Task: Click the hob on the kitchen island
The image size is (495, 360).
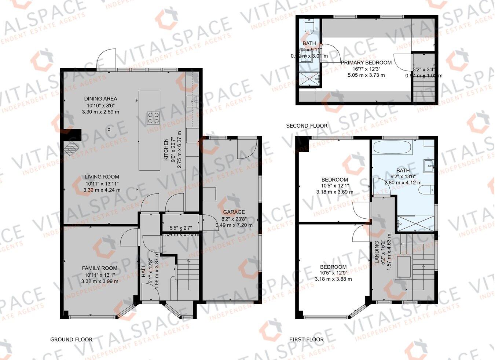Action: (153, 117)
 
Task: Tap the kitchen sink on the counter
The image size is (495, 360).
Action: (192, 100)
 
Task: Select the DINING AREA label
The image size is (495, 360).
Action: (100, 98)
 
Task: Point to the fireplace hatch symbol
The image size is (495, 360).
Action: (72, 148)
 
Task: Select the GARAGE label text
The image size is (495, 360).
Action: (234, 212)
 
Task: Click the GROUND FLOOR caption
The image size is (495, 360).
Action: (71, 339)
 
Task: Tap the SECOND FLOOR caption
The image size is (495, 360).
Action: (307, 126)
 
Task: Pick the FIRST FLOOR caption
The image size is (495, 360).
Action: (306, 339)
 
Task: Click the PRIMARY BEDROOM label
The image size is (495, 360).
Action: (366, 62)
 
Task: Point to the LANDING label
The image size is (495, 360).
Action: (376, 255)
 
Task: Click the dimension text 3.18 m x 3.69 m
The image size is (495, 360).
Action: (334, 192)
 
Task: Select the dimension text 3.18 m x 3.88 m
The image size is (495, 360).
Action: (333, 279)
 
